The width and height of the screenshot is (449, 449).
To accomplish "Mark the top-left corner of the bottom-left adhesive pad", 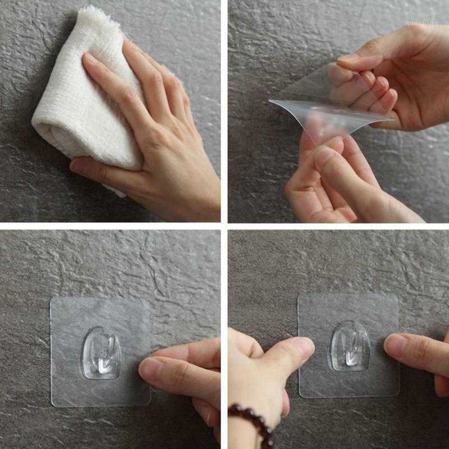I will click(52, 299).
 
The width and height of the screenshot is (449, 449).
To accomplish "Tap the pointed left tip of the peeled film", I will click(271, 101).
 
